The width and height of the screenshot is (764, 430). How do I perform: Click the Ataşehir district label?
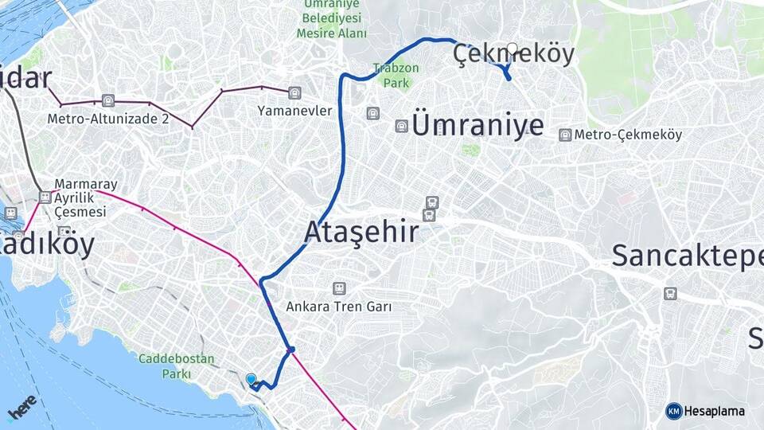(x=361, y=233)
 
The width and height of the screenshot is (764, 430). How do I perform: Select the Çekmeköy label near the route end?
(x=513, y=54)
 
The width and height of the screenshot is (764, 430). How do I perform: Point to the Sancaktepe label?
(x=687, y=256)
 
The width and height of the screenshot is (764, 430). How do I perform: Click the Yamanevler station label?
(x=294, y=111)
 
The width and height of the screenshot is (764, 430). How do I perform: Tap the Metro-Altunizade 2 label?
(x=108, y=119)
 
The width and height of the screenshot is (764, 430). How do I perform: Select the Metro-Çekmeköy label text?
(x=628, y=135)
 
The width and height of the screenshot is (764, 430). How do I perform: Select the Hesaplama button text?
(x=715, y=411)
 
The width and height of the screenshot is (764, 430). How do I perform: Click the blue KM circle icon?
(x=673, y=411)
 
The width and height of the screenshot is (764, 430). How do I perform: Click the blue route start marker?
(x=251, y=380)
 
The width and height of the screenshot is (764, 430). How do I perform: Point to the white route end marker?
(x=513, y=48)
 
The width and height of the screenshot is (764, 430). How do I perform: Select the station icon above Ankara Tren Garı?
(x=340, y=288)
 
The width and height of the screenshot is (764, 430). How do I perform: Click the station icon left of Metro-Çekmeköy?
(x=565, y=135)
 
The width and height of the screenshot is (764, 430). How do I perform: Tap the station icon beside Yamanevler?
(x=294, y=92)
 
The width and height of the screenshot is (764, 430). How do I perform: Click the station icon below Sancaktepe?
(x=671, y=293)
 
